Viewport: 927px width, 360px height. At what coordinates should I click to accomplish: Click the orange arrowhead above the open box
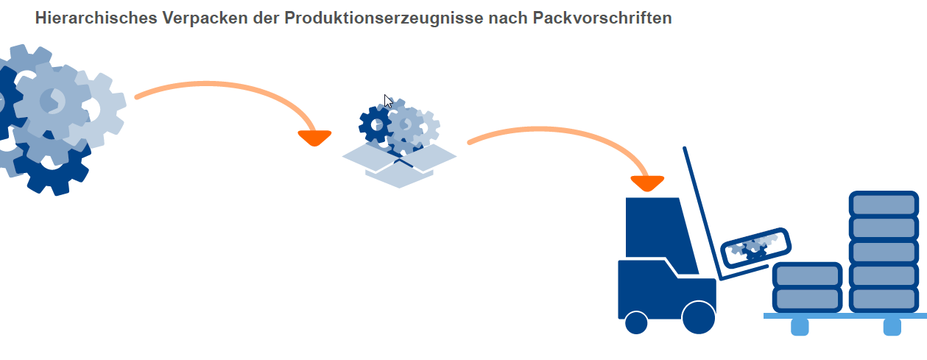(x=314, y=138)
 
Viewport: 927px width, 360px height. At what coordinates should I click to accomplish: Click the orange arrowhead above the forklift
(x=648, y=183)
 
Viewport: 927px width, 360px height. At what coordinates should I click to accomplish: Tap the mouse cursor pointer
(x=387, y=101)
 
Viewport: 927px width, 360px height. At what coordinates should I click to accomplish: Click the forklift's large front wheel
(x=698, y=317)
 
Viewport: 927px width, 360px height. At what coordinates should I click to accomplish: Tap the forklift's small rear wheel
(x=635, y=322)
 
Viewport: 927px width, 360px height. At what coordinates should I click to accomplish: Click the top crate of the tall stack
(x=884, y=204)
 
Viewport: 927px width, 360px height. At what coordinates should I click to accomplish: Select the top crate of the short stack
(x=807, y=275)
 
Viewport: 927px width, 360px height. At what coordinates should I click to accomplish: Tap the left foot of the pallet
(x=800, y=327)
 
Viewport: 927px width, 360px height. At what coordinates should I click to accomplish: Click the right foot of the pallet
(x=892, y=327)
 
